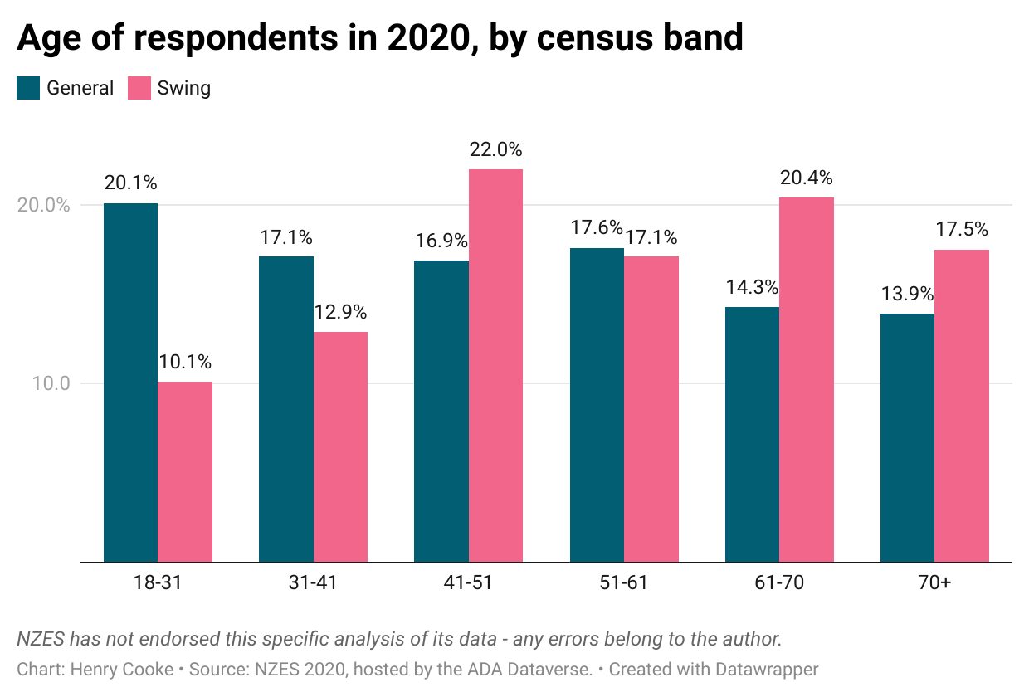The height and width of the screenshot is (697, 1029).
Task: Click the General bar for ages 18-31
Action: coord(130,383)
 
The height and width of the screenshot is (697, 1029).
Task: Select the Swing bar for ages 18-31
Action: coord(185,471)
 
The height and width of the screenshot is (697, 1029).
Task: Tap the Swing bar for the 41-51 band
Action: coord(495,365)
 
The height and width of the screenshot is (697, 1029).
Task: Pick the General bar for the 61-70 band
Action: coord(752,434)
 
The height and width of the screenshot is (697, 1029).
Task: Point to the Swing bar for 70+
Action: coord(962,406)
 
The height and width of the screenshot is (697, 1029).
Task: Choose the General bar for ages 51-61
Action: coord(597,405)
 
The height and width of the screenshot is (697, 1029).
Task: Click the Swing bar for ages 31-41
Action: coord(340,446)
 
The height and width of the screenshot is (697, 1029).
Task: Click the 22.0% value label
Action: coord(495,150)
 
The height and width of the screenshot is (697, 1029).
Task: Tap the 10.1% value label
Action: coord(185,363)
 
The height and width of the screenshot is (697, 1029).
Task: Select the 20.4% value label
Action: coord(806,178)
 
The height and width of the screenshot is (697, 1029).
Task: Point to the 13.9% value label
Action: coord(907,294)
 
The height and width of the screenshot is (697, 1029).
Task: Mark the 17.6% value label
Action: coord(597,228)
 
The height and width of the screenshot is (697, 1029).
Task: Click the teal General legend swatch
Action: coord(28,88)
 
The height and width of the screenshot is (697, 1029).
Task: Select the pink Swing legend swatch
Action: coord(139,88)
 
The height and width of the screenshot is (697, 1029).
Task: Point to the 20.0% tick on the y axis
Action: coord(43,205)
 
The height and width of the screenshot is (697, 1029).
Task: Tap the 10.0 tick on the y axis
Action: coord(51,384)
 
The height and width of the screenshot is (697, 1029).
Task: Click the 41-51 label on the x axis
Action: coord(468,582)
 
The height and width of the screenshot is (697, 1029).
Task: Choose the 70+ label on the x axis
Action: coord(934,582)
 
